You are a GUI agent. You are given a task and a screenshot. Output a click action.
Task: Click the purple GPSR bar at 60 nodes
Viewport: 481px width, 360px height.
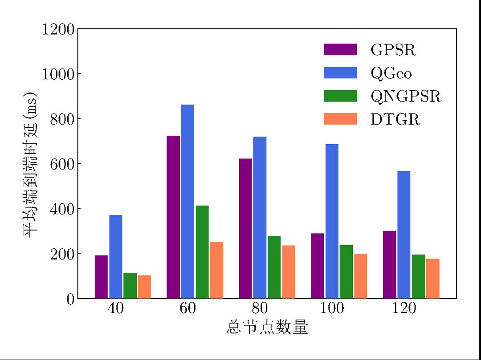click(x=173, y=217)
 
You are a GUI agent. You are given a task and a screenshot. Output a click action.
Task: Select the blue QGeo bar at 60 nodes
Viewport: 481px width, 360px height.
click(x=188, y=202)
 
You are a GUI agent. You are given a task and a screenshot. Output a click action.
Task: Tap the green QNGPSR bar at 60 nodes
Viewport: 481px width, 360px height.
click(x=202, y=252)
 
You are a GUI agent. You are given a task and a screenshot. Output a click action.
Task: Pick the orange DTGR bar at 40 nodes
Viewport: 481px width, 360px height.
click(x=144, y=287)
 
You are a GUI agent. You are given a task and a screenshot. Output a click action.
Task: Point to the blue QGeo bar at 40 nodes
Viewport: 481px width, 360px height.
click(x=116, y=257)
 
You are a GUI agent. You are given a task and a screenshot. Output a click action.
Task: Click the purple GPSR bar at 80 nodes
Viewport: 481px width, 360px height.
click(x=245, y=229)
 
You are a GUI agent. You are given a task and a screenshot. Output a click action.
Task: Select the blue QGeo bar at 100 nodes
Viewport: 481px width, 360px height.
click(x=332, y=221)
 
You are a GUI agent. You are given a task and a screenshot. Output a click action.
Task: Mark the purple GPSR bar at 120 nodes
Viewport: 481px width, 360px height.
click(x=389, y=265)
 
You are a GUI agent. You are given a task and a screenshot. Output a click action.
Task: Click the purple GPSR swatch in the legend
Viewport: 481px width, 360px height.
click(x=340, y=49)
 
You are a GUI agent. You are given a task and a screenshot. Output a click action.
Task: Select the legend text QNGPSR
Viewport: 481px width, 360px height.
click(x=406, y=96)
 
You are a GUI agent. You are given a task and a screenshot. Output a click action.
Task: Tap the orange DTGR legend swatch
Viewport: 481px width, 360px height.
click(x=340, y=119)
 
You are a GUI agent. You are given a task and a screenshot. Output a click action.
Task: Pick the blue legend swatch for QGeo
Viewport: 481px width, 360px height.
click(x=340, y=73)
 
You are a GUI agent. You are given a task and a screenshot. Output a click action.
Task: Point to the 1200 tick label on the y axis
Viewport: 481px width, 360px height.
click(x=58, y=29)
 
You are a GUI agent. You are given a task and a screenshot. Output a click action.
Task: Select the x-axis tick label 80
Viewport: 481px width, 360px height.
click(x=260, y=308)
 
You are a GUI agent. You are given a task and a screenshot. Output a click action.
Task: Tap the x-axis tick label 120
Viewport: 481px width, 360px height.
click(x=404, y=308)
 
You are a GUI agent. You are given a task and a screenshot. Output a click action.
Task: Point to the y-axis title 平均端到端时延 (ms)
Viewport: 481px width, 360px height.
click(x=31, y=165)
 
